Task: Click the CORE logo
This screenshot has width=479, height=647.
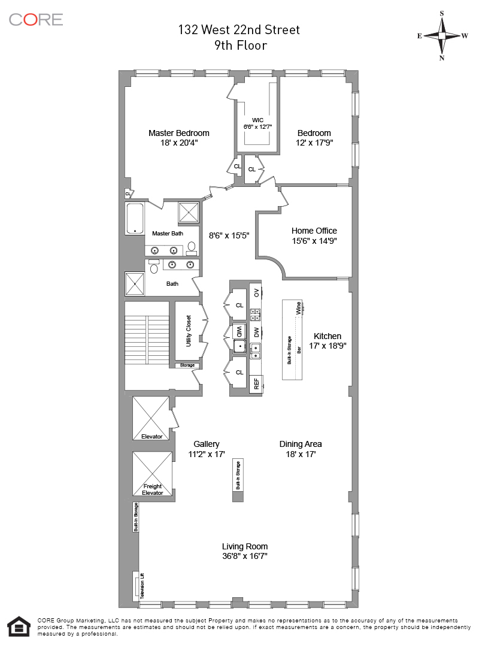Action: [36, 19]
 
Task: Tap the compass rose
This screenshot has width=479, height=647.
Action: [442, 36]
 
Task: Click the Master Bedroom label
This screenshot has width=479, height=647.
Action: [178, 133]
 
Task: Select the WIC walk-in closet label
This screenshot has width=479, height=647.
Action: [257, 120]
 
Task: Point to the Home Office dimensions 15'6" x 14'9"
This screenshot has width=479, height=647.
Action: [314, 241]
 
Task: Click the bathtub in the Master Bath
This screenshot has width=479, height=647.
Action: [135, 218]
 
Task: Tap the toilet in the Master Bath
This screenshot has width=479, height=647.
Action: [192, 247]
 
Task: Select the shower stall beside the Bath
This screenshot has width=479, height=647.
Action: [135, 283]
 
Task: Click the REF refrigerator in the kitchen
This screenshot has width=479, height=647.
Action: [256, 384]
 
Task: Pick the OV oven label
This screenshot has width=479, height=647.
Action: [256, 292]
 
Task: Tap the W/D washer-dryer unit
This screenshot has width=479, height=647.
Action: [239, 332]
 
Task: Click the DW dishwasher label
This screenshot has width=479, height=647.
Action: [256, 332]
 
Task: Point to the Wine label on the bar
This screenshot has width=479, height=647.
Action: [298, 309]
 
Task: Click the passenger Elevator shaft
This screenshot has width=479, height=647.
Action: [151, 418]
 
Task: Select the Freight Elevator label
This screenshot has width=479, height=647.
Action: [153, 489]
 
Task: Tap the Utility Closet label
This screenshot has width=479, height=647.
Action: [189, 331]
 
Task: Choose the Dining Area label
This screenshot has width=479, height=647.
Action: [301, 444]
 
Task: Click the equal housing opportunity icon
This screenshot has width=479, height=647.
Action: [19, 627]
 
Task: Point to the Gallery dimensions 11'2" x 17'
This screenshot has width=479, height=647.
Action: [207, 454]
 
